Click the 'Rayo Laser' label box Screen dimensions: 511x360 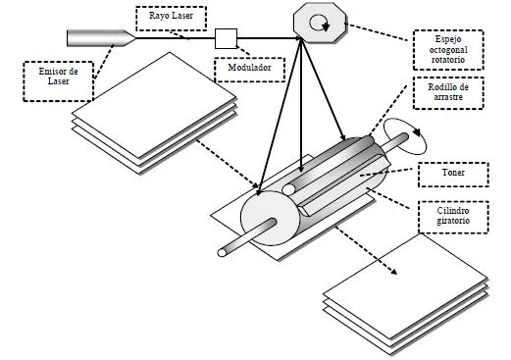coord(171,19)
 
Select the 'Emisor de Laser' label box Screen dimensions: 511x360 coord(59,81)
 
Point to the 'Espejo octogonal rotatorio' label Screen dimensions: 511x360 coord(448,50)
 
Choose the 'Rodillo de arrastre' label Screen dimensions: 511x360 coord(448,93)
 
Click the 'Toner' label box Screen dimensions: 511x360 coord(453,175)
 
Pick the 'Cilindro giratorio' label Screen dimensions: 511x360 coord(453,217)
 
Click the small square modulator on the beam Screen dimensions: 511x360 coord(226,38)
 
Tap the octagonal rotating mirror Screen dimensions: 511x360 coord(320,23)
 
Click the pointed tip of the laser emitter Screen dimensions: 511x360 coord(134,38)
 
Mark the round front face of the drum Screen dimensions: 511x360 coord(270,218)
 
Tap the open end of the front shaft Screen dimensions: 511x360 coord(222,253)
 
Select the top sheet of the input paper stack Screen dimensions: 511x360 coord(154,105)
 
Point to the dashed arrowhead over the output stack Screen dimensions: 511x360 coord(393,272)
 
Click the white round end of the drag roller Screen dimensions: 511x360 coord(288,189)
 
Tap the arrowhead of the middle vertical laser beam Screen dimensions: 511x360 coord(301,169)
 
